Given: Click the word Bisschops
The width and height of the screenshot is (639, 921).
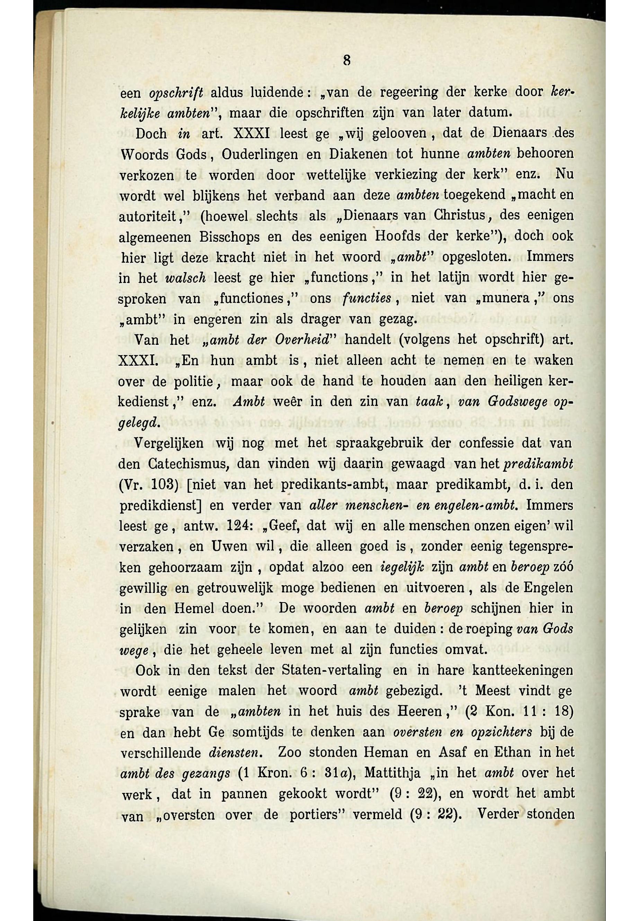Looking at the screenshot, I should pos(229,237).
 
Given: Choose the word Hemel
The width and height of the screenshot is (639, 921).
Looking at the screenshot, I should pos(194,609).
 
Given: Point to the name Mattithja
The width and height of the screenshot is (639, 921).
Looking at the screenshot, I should pos(393,773).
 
